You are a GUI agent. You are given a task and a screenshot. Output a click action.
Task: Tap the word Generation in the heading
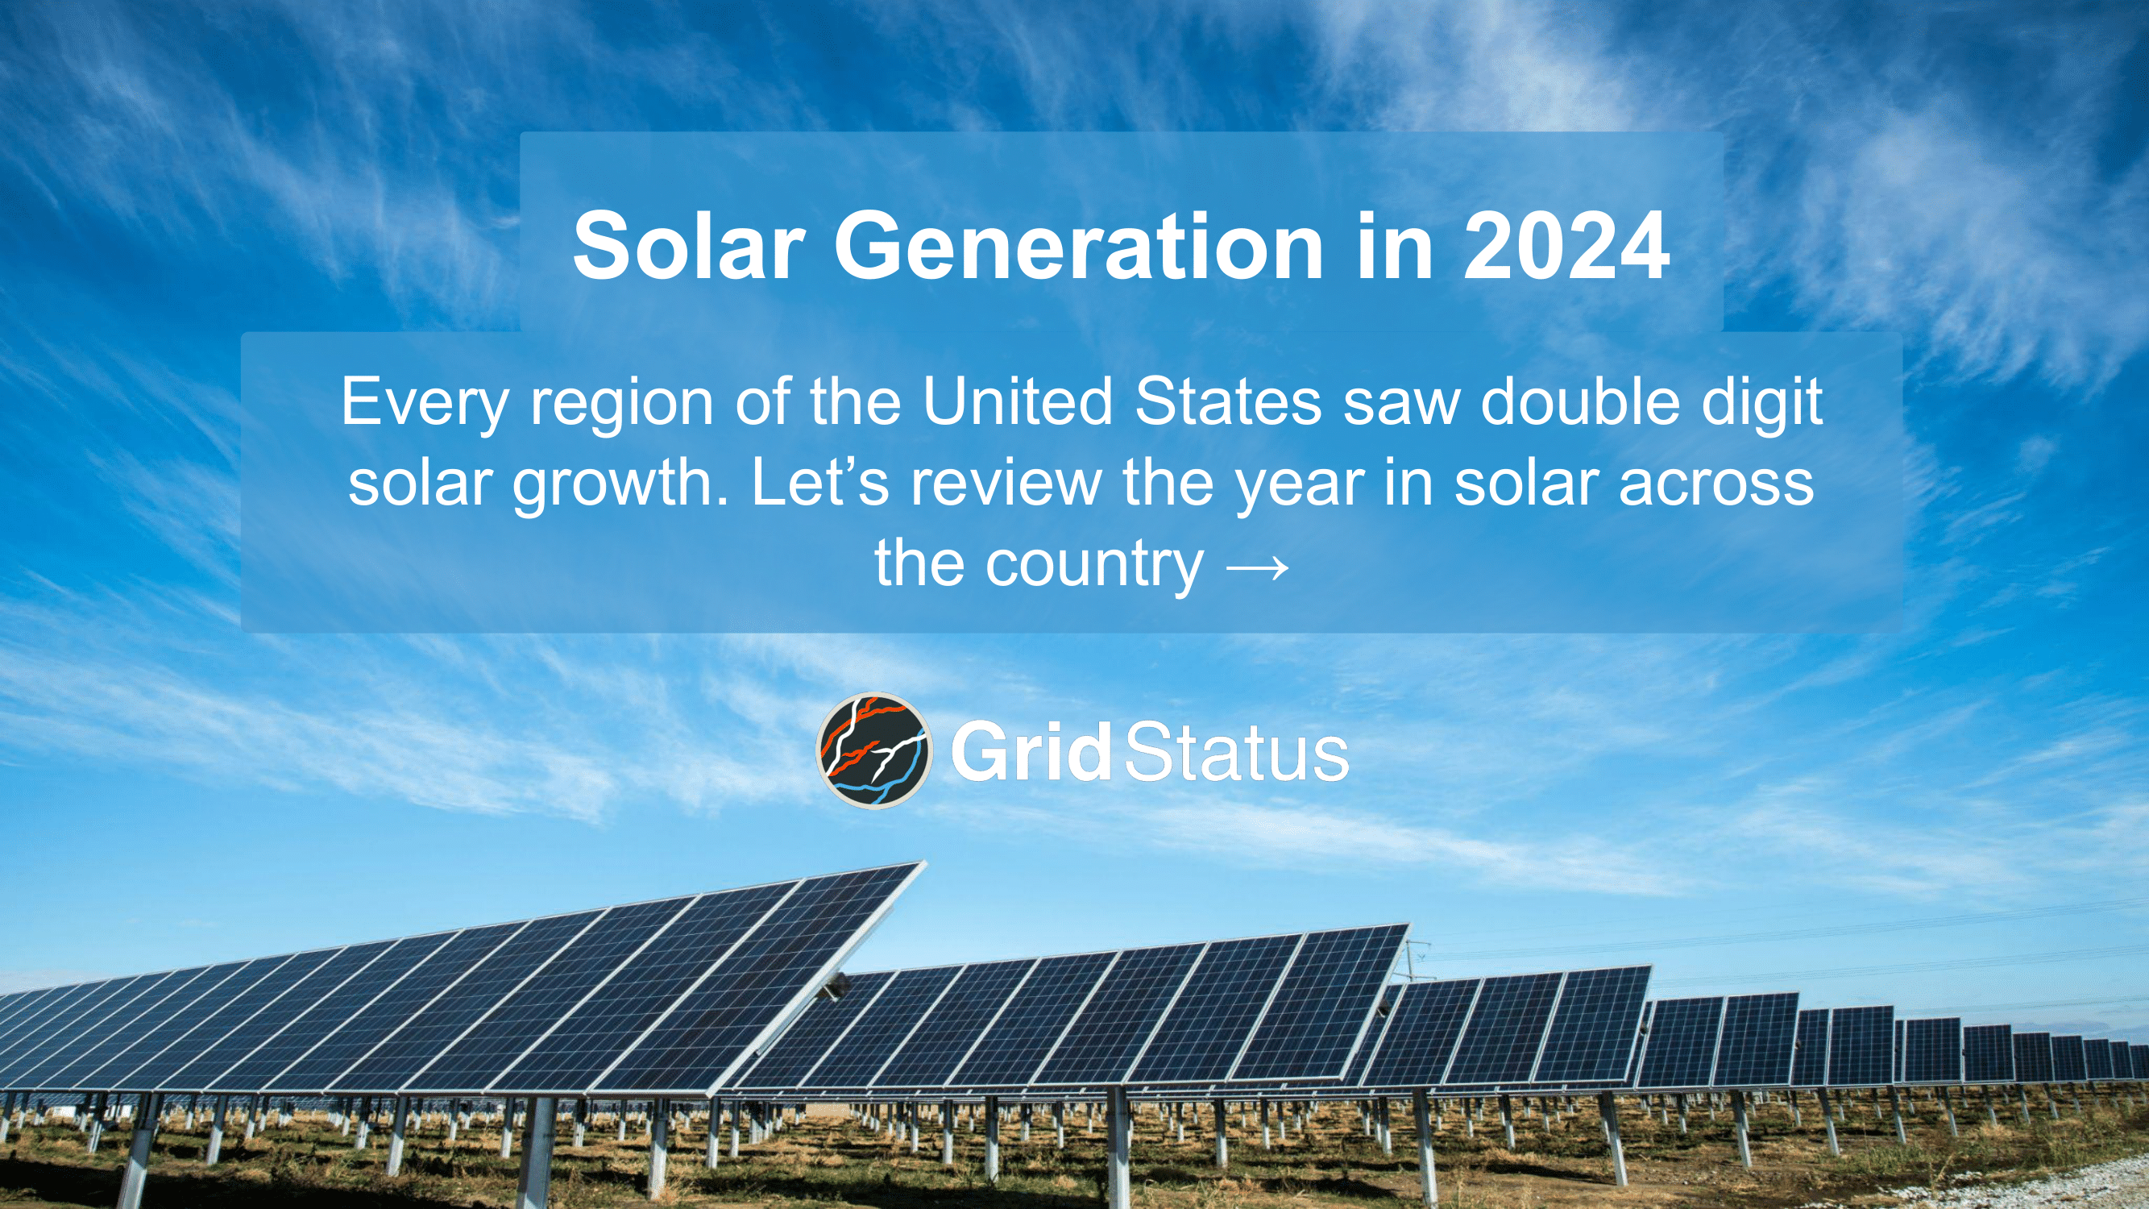pyautogui.click(x=1078, y=245)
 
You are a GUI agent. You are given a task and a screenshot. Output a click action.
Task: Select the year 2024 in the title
pyautogui.click(x=1566, y=245)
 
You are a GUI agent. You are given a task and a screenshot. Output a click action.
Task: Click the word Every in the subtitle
pyautogui.click(x=425, y=402)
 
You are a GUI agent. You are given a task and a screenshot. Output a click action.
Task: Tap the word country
pyautogui.click(x=1093, y=565)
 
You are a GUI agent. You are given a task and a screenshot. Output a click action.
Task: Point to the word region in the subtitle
pyautogui.click(x=623, y=402)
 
